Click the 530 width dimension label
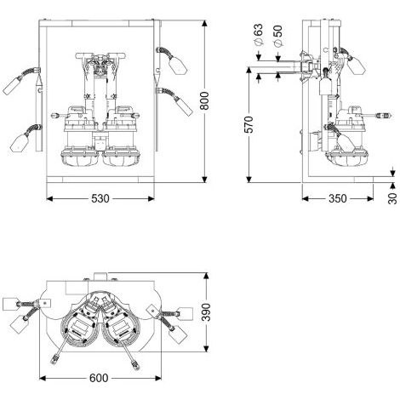(x=100, y=198)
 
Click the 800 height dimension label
(x=204, y=100)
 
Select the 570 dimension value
(x=249, y=124)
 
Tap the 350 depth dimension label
(x=338, y=198)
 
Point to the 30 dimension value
(x=392, y=198)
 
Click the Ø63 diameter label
(x=259, y=35)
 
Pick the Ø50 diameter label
(x=277, y=35)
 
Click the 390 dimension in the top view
(x=206, y=312)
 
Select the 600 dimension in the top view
(x=99, y=378)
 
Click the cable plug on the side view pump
(x=384, y=116)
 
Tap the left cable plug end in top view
(x=54, y=359)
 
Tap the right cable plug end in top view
(x=136, y=364)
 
